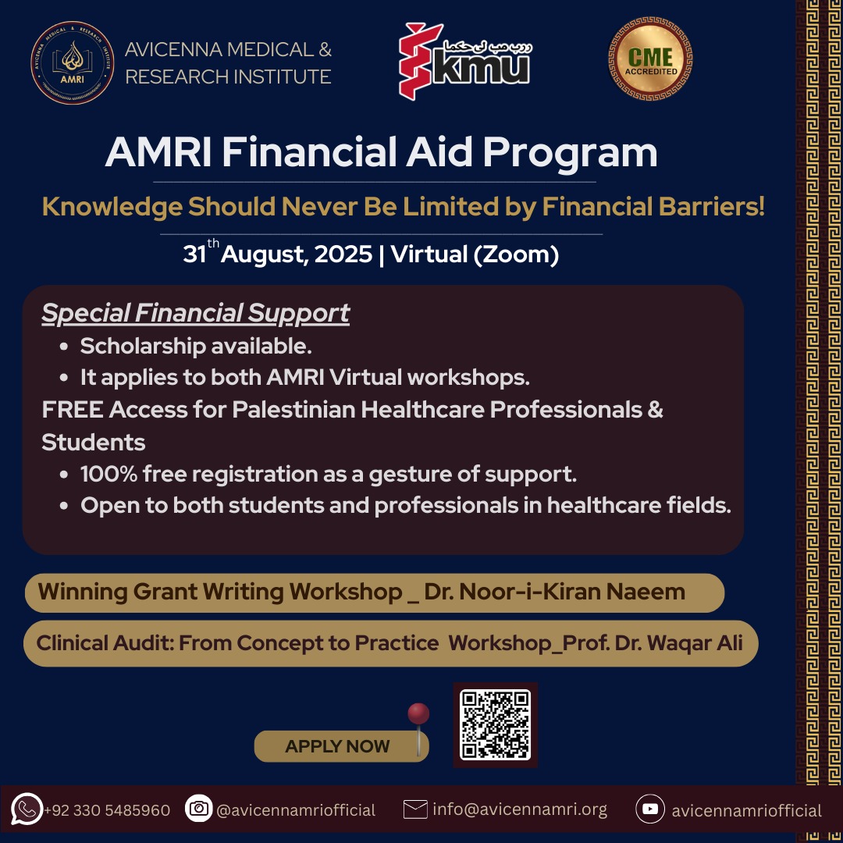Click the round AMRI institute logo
pos(72,63)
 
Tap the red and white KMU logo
pos(465,62)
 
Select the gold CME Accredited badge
pos(650,59)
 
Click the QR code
pos(495,724)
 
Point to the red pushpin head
pos(418,713)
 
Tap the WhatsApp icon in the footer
pos(27,809)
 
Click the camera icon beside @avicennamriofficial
pos(199,808)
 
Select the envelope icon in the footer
pos(415,809)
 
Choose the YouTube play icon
pos(650,809)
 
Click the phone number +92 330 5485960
pos(107,810)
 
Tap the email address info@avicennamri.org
pos(520,809)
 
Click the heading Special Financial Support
pos(196,314)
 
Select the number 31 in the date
pos(194,254)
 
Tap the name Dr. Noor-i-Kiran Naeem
pos(554,592)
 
